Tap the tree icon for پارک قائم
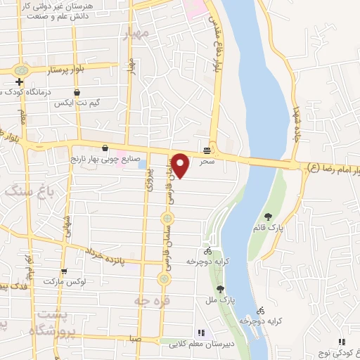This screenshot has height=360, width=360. (x=267, y=216)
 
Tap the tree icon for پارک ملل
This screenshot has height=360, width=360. (x=220, y=288)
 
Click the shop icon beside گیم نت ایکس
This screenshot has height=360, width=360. (x=77, y=92)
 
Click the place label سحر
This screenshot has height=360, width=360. (x=206, y=162)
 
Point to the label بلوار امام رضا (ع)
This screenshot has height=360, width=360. (x=333, y=169)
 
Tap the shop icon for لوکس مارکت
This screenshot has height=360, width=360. (x=64, y=271)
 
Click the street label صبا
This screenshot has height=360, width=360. (x=134, y=339)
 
